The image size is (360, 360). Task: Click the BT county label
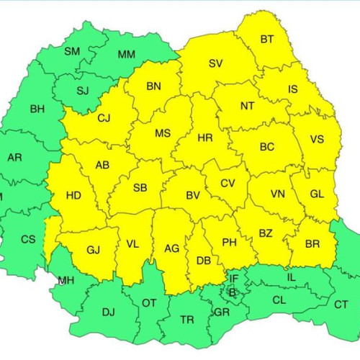(x=268, y=39)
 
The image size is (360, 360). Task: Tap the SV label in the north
(x=216, y=63)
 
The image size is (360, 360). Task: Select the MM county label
(x=126, y=55)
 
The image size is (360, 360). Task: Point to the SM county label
(x=72, y=51)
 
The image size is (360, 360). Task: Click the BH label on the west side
(x=37, y=109)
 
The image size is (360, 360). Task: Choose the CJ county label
(x=104, y=118)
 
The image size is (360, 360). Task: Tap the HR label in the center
(x=205, y=137)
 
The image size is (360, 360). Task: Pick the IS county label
(x=292, y=89)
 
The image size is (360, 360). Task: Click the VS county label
(x=317, y=140)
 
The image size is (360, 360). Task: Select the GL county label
(x=317, y=194)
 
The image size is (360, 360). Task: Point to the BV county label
(x=193, y=195)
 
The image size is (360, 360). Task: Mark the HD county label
(x=73, y=194)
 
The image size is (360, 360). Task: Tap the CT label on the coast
(x=341, y=305)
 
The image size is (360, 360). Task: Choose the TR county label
(x=186, y=319)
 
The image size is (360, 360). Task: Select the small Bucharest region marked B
(x=232, y=292)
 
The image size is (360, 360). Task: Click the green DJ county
(x=108, y=311)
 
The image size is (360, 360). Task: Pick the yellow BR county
(x=312, y=245)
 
